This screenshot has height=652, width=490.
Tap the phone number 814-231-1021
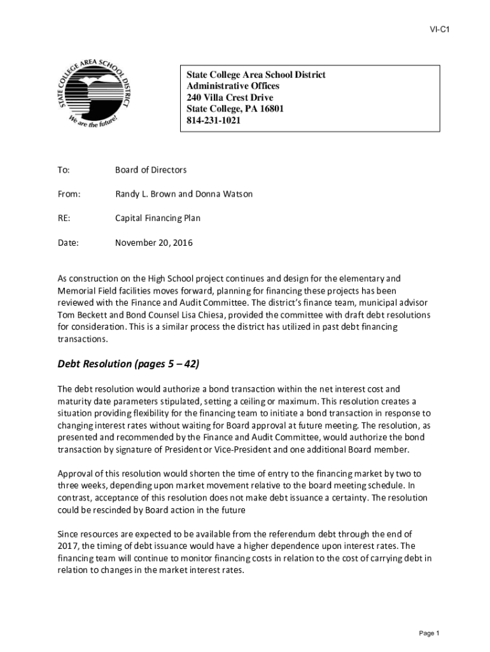coord(214,120)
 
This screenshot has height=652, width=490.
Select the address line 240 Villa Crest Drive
coord(230,97)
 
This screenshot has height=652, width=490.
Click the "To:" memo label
coord(63,170)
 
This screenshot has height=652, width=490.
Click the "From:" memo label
coord(68,194)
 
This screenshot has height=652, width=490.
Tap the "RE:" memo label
coord(64,218)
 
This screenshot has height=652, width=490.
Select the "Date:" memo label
coord(67,243)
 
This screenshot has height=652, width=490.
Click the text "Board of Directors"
coord(151,170)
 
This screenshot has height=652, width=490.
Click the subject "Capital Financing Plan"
coord(157,218)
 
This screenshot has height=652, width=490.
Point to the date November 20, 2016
coord(153,243)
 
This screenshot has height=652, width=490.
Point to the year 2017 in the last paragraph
coord(67,546)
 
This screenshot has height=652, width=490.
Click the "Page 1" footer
coord(429,633)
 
